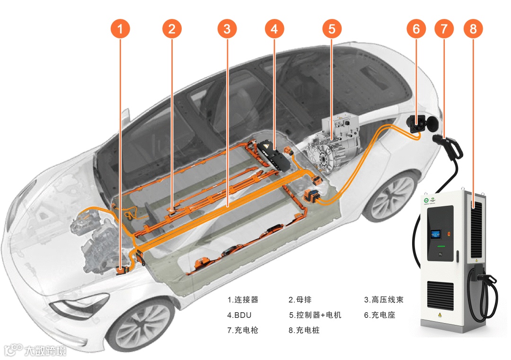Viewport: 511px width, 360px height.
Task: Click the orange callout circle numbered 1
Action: [120, 29]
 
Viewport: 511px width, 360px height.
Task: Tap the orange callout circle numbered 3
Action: [227, 29]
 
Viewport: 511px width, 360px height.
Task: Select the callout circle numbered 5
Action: [332, 29]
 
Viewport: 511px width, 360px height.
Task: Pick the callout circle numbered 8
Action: [473, 29]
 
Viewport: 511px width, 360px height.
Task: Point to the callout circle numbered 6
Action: [416, 29]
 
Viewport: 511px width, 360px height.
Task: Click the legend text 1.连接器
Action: [243, 300]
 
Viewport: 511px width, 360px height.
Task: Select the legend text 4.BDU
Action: [239, 315]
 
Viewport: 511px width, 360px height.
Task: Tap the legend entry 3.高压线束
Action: [384, 300]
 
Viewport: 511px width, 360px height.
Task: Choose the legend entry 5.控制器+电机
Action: [315, 315]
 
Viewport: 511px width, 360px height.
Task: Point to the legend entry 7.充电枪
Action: [243, 330]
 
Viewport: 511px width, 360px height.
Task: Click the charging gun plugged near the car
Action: [449, 146]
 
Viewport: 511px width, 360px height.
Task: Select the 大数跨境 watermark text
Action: [45, 351]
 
